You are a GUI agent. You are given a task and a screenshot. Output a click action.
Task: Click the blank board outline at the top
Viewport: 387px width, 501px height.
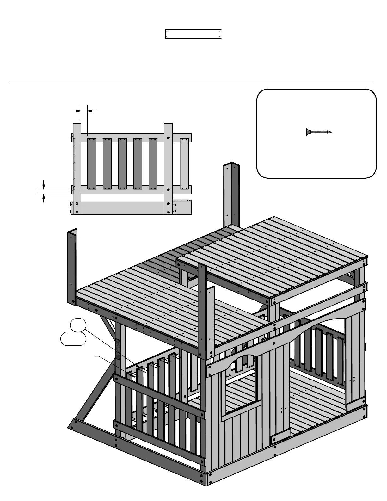coord(193,34)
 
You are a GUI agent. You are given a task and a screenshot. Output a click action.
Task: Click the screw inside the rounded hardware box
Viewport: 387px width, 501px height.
coord(318,132)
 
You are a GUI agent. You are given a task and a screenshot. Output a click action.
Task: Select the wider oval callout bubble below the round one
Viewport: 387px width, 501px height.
coord(73,339)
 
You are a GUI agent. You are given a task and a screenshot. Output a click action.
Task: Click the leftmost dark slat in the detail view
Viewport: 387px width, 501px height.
coord(92,164)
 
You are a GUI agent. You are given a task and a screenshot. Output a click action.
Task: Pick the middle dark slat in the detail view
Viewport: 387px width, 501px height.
coord(122,164)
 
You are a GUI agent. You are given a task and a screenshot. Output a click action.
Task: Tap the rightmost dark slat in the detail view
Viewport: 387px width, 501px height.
coord(153,164)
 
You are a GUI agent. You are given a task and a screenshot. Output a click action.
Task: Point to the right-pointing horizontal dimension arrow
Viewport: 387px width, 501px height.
coord(76,111)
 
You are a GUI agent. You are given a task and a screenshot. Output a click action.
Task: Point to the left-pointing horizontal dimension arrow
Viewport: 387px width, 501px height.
coord(92,111)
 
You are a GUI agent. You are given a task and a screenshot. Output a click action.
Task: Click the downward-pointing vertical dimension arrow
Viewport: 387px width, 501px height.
coord(44,184)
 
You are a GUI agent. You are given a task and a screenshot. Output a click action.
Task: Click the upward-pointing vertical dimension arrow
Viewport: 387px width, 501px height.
coord(44,198)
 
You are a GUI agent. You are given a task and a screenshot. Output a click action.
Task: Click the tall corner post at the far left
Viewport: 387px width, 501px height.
coord(72,266)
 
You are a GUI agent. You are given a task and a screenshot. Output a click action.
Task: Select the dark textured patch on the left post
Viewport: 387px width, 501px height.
coord(118,349)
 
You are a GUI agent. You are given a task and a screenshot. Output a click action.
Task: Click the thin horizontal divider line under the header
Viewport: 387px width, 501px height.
coord(190,82)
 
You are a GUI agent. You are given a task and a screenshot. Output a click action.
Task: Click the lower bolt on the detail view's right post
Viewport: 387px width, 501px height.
coord(168,189)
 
